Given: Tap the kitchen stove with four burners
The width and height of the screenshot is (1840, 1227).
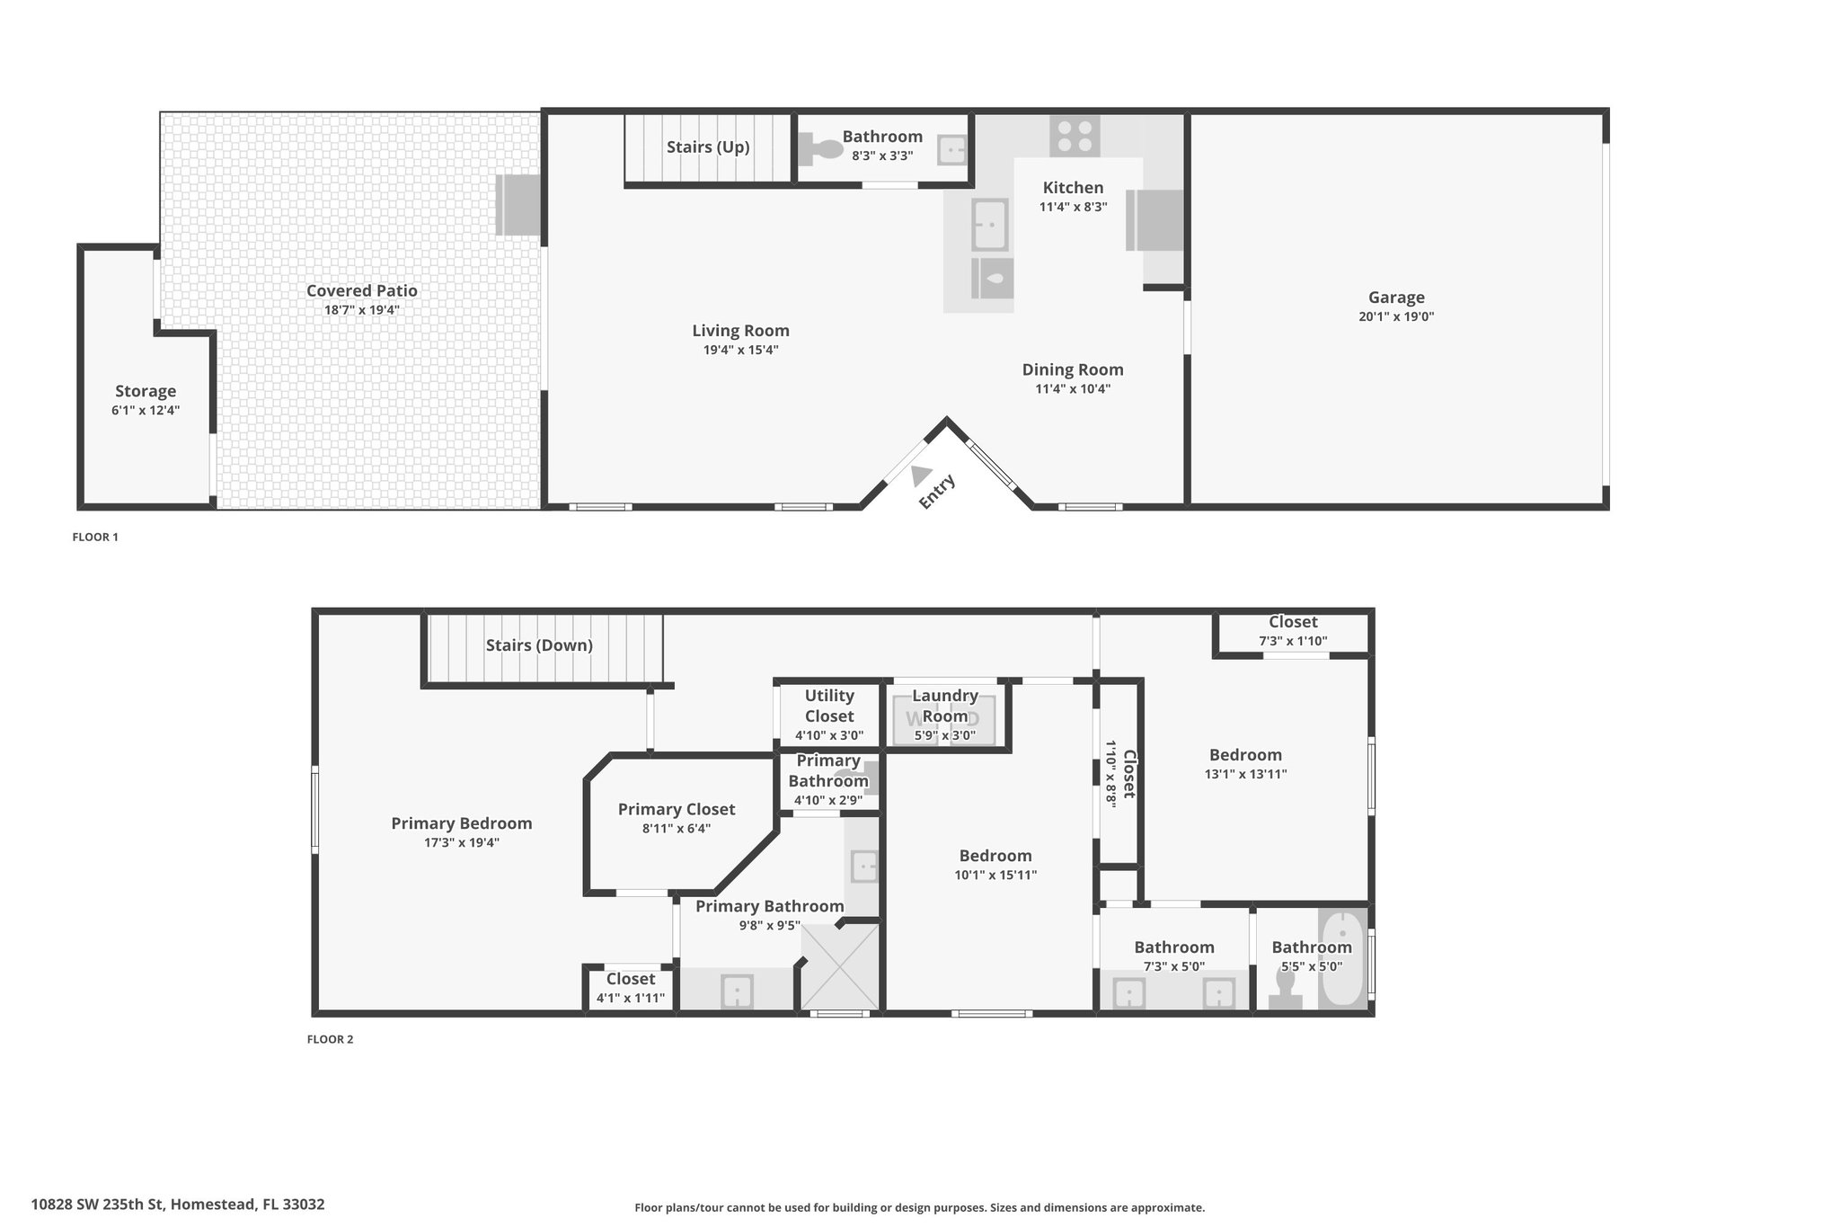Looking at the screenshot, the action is point(1075,137).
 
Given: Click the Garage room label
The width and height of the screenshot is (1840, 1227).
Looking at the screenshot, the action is point(1396,298).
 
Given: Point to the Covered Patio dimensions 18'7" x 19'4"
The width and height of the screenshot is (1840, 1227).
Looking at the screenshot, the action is point(362,310).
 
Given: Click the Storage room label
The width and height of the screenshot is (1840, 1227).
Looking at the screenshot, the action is point(146,391).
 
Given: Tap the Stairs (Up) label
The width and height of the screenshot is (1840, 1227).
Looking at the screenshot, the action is point(708,147).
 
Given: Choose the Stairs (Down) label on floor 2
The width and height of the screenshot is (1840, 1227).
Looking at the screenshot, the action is point(539,645).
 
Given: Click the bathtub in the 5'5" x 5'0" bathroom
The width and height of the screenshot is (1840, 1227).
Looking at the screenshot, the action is point(1342,958).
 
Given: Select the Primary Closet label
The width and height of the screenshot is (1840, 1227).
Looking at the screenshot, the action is point(677,809).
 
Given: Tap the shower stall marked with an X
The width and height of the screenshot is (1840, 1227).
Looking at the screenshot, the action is point(840,966).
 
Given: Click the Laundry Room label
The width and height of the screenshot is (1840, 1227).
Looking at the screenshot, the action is point(945,706).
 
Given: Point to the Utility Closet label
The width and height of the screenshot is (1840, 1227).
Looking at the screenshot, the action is point(829,706).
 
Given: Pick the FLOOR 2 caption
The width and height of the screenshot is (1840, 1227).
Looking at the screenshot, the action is point(331,1040).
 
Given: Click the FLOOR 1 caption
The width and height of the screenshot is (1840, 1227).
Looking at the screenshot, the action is point(95,538).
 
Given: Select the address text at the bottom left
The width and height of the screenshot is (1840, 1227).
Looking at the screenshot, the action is point(178,1204).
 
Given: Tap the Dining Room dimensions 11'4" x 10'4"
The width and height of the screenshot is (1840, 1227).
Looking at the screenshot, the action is point(1073,389).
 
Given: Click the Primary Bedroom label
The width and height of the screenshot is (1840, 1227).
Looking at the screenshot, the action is point(462,823).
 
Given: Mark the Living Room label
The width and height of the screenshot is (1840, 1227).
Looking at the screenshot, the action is point(740,331).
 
